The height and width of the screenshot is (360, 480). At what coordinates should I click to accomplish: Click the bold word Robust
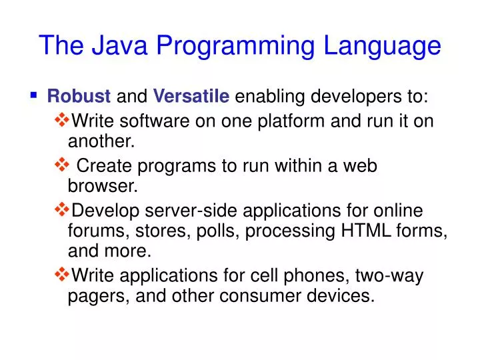(79, 97)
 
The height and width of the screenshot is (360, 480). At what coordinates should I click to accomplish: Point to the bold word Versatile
(191, 97)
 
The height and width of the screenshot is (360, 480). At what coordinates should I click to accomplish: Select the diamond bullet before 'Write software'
(61, 121)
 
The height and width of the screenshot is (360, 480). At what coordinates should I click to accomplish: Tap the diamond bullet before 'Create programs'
(61, 165)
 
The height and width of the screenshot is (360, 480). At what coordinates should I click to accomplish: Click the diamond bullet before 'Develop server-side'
(61, 211)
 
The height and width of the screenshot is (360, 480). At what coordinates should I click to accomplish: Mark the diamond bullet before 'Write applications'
(61, 274)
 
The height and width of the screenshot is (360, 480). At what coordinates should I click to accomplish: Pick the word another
(101, 141)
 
